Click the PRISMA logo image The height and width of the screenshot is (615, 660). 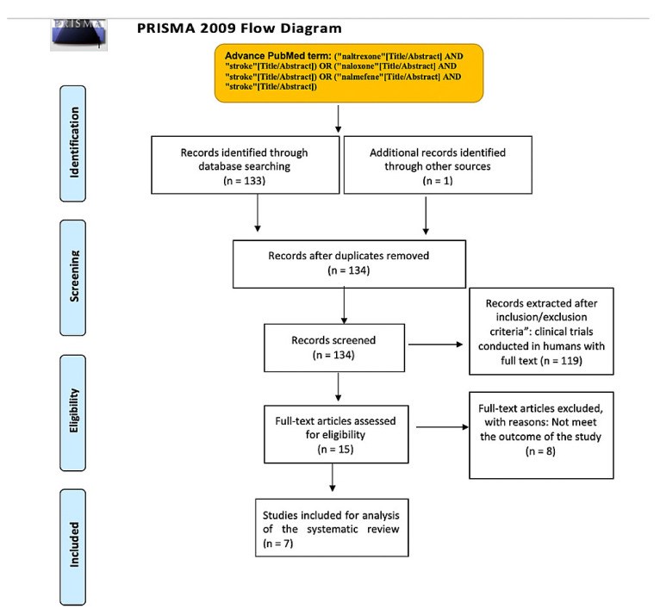[78, 35]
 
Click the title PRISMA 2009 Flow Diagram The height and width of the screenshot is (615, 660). [239, 28]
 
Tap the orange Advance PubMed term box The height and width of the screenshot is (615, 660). [349, 72]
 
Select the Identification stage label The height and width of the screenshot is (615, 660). [73, 144]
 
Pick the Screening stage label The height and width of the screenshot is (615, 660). [73, 277]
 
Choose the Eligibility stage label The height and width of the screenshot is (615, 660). [73, 413]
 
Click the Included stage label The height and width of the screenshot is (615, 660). [73, 547]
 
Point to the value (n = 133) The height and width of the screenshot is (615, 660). [244, 181]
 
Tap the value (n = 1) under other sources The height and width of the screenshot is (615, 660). [438, 181]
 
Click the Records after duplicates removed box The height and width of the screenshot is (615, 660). [349, 264]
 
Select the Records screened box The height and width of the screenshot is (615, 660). [334, 348]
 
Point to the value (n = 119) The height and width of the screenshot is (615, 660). [562, 361]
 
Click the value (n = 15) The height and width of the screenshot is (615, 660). [335, 450]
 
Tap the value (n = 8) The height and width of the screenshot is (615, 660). [540, 451]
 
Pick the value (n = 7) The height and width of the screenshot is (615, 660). [277, 544]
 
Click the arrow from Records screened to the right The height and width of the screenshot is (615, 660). [436, 345]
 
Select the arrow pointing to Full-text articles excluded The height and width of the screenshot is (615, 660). [442, 427]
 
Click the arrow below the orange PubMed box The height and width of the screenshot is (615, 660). [338, 119]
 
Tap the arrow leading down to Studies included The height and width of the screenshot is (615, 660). [333, 477]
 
